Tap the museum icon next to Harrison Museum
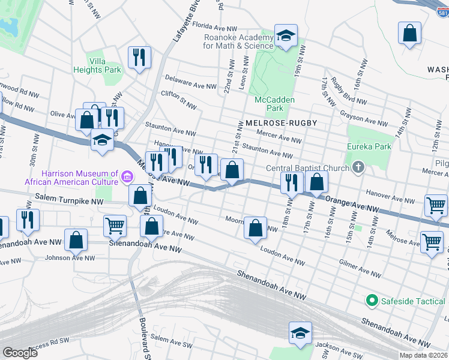click(127, 176)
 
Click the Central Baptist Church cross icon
click(358, 167)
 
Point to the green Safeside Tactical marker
click(372, 300)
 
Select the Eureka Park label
click(369, 146)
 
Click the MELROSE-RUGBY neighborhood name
click(280, 123)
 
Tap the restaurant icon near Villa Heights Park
click(139, 57)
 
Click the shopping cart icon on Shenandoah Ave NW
click(115, 226)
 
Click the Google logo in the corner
click(20, 352)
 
